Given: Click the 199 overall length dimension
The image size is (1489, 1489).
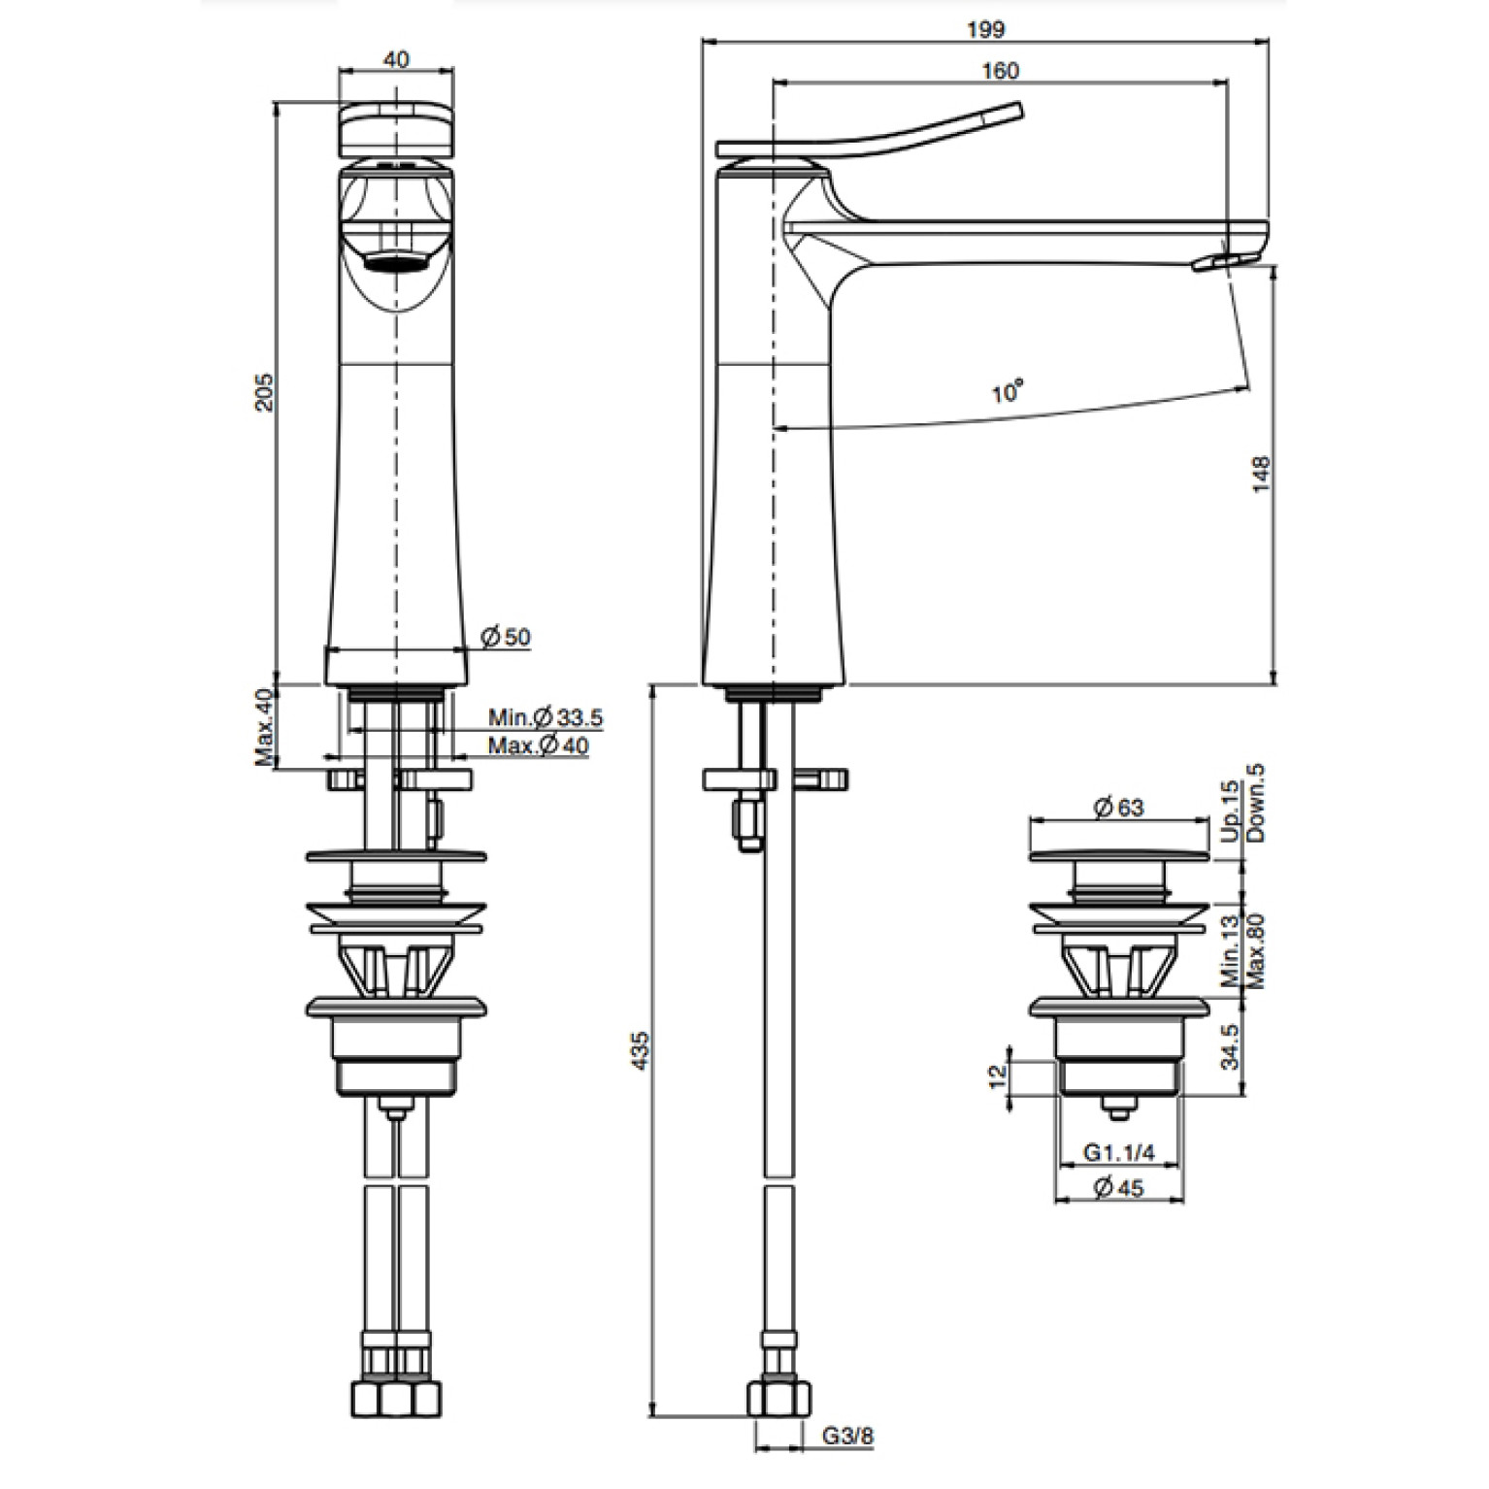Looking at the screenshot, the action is (985, 29).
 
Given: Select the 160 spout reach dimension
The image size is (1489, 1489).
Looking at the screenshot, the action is (1001, 71).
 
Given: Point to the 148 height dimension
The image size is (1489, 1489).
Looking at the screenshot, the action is (1261, 475).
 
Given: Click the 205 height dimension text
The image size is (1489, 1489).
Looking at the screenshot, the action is (264, 392).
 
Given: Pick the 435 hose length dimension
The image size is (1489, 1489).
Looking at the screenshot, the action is (640, 1050).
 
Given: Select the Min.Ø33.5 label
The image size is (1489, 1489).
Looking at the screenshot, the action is (546, 717).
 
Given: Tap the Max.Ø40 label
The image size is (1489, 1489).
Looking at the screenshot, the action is (538, 745).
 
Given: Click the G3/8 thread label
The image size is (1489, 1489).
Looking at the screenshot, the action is (847, 1436).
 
